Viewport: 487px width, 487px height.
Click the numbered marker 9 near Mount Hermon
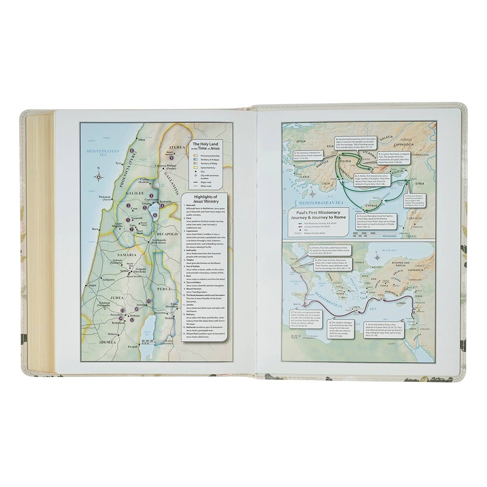click(171, 158)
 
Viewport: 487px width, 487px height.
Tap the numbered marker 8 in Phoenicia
click(131, 151)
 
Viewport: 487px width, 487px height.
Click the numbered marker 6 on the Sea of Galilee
click(155, 215)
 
